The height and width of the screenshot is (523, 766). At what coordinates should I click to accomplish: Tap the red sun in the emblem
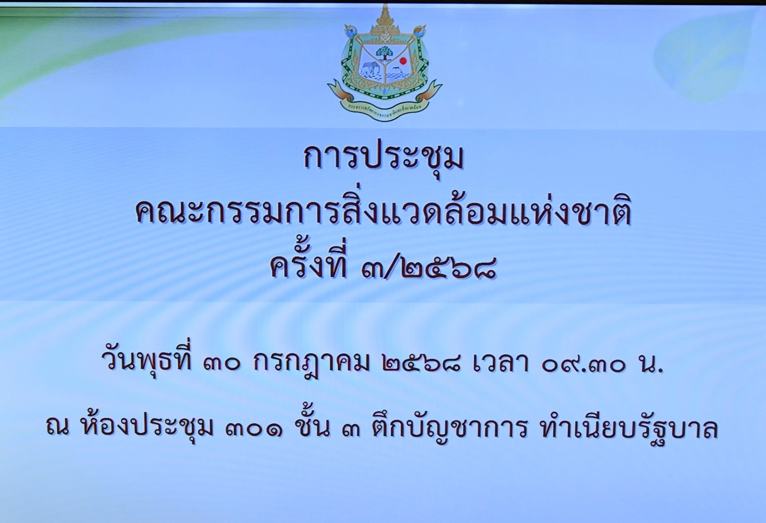404,60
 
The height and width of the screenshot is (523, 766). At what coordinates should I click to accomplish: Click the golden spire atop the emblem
385,17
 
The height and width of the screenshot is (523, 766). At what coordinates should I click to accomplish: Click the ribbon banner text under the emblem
384,107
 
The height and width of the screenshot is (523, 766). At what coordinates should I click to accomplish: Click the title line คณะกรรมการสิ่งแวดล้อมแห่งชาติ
383,214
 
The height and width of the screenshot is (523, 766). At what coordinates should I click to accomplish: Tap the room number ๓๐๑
254,429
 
